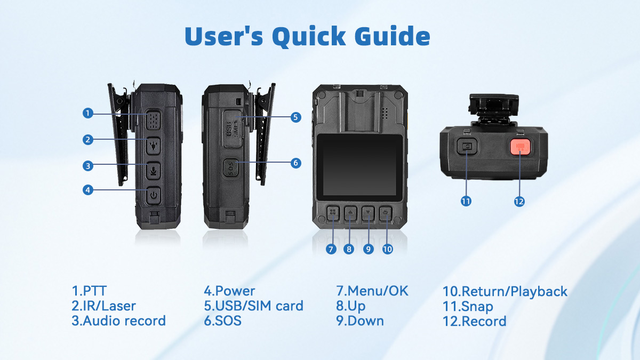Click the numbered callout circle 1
[89, 113]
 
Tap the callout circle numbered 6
[296, 163]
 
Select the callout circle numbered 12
[519, 201]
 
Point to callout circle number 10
[388, 249]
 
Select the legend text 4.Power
[229, 291]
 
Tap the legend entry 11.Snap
[468, 306]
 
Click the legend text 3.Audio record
[118, 321]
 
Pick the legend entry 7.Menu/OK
[372, 291]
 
